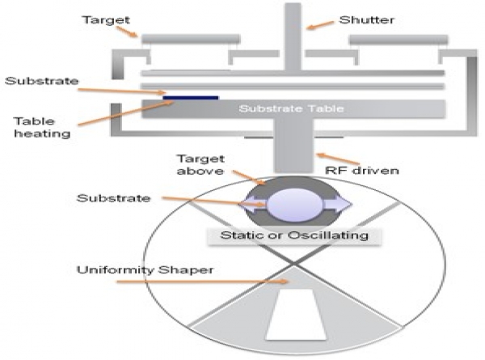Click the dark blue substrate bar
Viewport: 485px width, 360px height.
(191, 97)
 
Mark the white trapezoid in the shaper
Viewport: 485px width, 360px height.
(296, 316)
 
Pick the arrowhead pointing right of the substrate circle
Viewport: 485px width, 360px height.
(344, 203)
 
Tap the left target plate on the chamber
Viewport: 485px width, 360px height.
(191, 38)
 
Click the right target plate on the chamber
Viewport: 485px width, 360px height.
(397, 38)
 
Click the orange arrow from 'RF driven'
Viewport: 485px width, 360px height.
(327, 157)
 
